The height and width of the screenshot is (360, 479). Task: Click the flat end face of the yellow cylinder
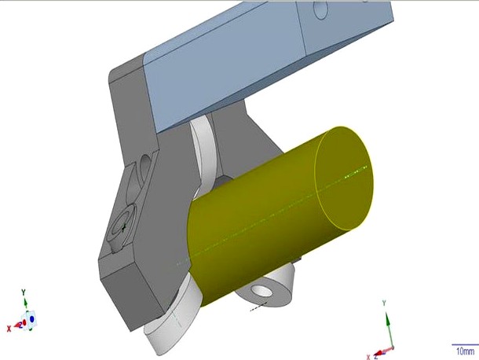coord(344,178)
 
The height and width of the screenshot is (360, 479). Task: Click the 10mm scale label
coord(463,351)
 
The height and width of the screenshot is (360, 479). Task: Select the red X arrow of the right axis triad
coord(378,351)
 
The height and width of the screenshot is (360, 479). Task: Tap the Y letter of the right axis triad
coord(384,303)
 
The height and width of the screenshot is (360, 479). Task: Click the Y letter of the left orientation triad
coord(24,292)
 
